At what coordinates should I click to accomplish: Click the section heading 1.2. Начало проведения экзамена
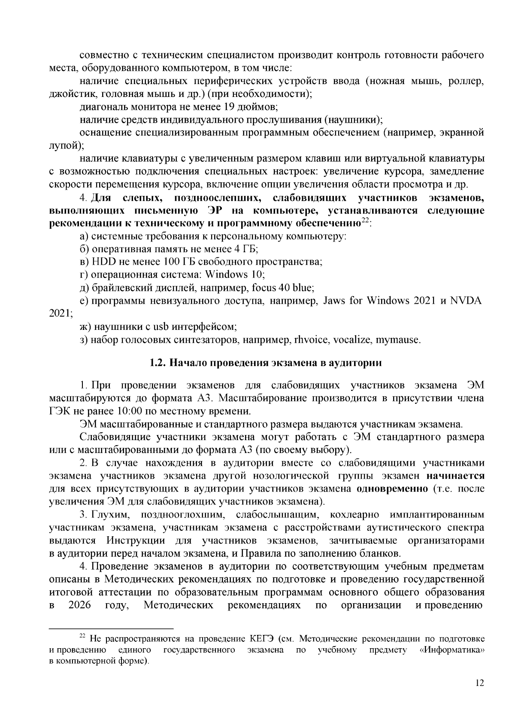(266, 363)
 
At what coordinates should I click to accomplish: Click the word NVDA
(466, 301)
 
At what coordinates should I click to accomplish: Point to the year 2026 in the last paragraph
(80, 605)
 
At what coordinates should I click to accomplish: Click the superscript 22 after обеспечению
(365, 221)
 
